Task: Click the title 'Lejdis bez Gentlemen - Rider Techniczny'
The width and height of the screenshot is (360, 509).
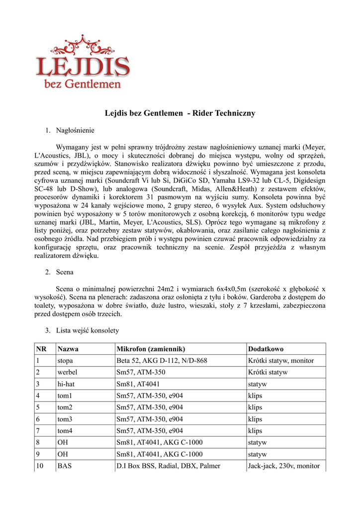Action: pos(180,113)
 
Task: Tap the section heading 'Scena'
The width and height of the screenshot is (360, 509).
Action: pos(65,272)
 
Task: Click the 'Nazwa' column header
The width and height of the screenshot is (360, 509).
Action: pos(68,349)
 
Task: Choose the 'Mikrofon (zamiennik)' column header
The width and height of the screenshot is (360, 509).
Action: pos(151,349)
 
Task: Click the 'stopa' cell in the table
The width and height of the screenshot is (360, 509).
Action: pos(66,361)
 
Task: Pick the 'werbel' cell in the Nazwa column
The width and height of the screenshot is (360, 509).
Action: pos(67,372)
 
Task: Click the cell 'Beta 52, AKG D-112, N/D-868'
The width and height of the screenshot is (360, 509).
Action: pos(162,361)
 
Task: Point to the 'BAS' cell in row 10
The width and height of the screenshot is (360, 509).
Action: pos(65,466)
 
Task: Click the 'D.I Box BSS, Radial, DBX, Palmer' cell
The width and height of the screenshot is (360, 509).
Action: pos(168,466)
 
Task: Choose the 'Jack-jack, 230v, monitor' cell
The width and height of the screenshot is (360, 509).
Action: pos(283,466)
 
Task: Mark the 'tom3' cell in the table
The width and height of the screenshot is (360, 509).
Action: pos(65,419)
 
